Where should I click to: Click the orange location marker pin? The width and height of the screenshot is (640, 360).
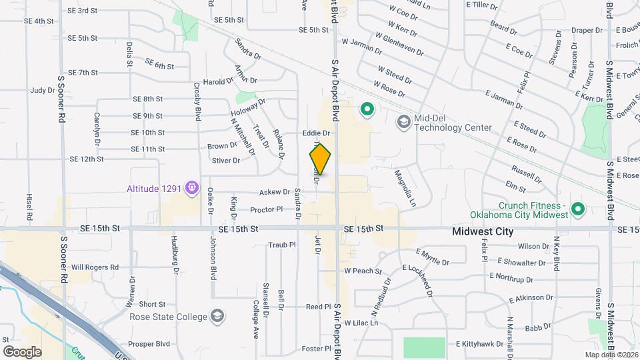320,159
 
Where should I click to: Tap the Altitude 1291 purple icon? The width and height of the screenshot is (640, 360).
192,189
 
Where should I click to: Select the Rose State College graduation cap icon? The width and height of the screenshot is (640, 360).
217,315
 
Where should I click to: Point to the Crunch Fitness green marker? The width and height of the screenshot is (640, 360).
578,209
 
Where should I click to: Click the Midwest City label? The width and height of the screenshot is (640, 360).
483,232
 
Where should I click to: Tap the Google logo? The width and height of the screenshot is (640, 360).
23,351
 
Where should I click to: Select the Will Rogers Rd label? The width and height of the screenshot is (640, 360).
95,267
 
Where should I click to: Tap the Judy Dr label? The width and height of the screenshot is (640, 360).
41,90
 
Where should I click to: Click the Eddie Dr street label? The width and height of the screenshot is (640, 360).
316,133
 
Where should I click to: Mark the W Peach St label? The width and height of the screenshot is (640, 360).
363,271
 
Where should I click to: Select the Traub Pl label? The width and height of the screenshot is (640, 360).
281,245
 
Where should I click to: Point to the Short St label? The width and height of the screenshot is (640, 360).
152,304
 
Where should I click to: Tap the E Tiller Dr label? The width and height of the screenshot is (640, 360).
483,5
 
